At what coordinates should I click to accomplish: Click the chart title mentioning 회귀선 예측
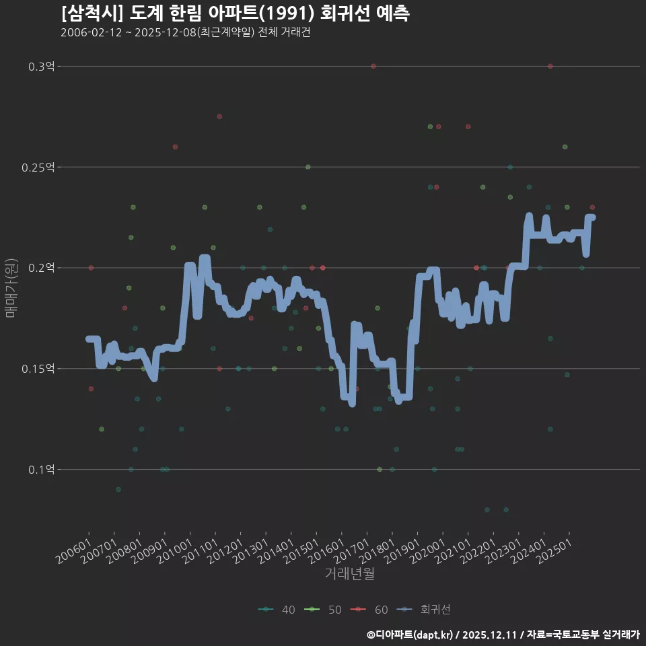236,13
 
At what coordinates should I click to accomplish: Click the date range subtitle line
186,32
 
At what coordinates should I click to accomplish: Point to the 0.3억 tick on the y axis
41,67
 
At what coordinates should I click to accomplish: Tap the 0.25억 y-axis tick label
38,168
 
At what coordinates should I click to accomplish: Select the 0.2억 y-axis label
41,268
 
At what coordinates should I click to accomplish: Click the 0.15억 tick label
38,369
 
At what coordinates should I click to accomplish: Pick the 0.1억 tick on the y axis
41,469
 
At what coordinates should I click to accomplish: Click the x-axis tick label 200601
74,551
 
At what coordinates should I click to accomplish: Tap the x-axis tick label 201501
301,551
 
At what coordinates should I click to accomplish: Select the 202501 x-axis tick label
554,551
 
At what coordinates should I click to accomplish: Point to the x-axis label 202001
428,551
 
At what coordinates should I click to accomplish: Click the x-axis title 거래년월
350,573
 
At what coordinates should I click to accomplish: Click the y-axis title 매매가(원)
11,289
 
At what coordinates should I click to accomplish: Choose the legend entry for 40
277,610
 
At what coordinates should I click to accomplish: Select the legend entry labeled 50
323,610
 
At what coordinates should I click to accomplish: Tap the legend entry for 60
369,610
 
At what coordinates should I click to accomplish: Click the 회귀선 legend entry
423,610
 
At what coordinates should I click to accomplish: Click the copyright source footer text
503,635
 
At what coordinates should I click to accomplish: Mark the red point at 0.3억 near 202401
550,67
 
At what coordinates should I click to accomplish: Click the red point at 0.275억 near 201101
219,116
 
